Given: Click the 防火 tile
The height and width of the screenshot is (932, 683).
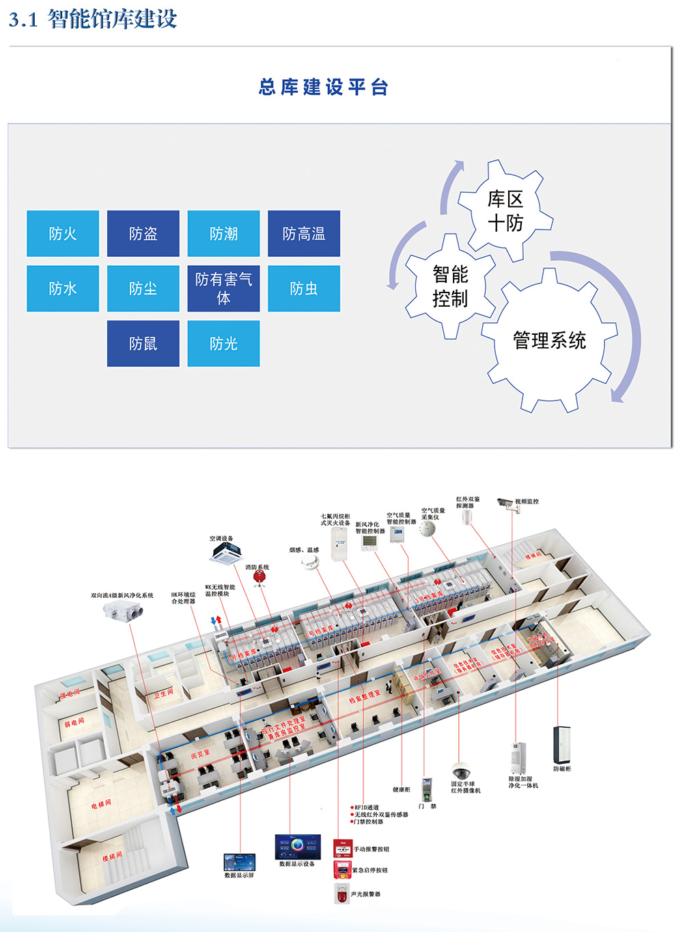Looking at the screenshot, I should point(63,234).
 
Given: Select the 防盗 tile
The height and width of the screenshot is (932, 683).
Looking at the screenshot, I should point(143,234).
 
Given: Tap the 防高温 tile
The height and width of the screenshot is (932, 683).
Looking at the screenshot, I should point(304,234).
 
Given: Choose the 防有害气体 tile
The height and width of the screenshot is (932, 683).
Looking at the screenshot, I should point(223,288).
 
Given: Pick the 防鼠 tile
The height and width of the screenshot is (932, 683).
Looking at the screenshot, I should point(143,344).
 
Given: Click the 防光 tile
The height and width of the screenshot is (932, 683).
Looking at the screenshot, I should point(223,344).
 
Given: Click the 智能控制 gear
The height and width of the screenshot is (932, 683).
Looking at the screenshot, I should point(450,286).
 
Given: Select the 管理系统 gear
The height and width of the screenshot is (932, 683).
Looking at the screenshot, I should point(549,340).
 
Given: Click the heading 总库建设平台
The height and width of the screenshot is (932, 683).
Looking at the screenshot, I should point(324,87).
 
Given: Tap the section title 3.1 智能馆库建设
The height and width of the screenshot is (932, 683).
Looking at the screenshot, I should point(93,19).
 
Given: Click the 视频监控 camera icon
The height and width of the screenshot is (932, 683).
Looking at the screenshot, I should point(505,503).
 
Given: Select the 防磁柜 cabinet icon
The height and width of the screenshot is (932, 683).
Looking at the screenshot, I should point(561,745).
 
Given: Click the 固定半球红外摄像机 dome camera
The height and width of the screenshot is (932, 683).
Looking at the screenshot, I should point(462,771).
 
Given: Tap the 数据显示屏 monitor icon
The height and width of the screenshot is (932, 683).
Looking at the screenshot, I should point(239,862).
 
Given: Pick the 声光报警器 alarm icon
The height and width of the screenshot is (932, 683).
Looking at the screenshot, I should point(341,892).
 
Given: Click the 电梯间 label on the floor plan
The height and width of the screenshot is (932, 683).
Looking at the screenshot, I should point(101,804).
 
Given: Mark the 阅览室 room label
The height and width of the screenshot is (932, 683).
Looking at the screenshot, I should point(199,754).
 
